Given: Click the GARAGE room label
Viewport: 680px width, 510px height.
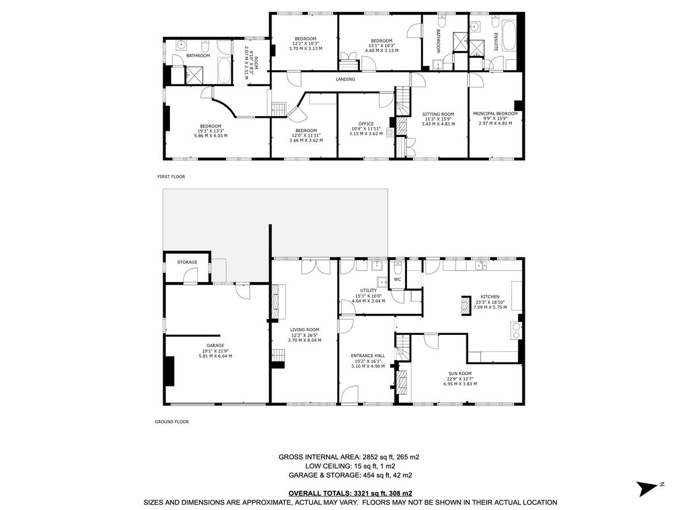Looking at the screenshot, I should coord(215,345).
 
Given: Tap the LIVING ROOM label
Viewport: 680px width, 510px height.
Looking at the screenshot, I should coord(305,329).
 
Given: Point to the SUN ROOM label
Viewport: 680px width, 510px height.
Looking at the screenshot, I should coord(460,373).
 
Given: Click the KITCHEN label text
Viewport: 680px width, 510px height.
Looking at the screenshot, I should coord(490,296).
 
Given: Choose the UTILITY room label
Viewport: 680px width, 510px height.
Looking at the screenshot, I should coord(368,291).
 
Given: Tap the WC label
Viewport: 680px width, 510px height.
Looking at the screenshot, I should coord(397,279).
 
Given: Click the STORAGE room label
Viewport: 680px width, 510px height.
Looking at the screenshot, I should coord(187,262).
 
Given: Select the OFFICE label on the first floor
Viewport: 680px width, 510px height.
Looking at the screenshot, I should coord(365,124).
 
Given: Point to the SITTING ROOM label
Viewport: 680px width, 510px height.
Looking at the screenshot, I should coord(438,114).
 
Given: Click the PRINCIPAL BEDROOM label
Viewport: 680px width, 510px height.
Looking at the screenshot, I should coord(495,113).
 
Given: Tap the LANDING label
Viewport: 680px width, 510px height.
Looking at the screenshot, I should coord(345,79).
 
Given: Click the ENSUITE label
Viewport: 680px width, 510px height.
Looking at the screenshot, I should coord(495,42).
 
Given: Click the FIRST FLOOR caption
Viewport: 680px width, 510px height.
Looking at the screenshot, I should coord(171,177).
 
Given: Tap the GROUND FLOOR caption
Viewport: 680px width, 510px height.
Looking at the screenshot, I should coord(172,422).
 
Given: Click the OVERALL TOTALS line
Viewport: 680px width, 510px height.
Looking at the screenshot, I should coord(350,494).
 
